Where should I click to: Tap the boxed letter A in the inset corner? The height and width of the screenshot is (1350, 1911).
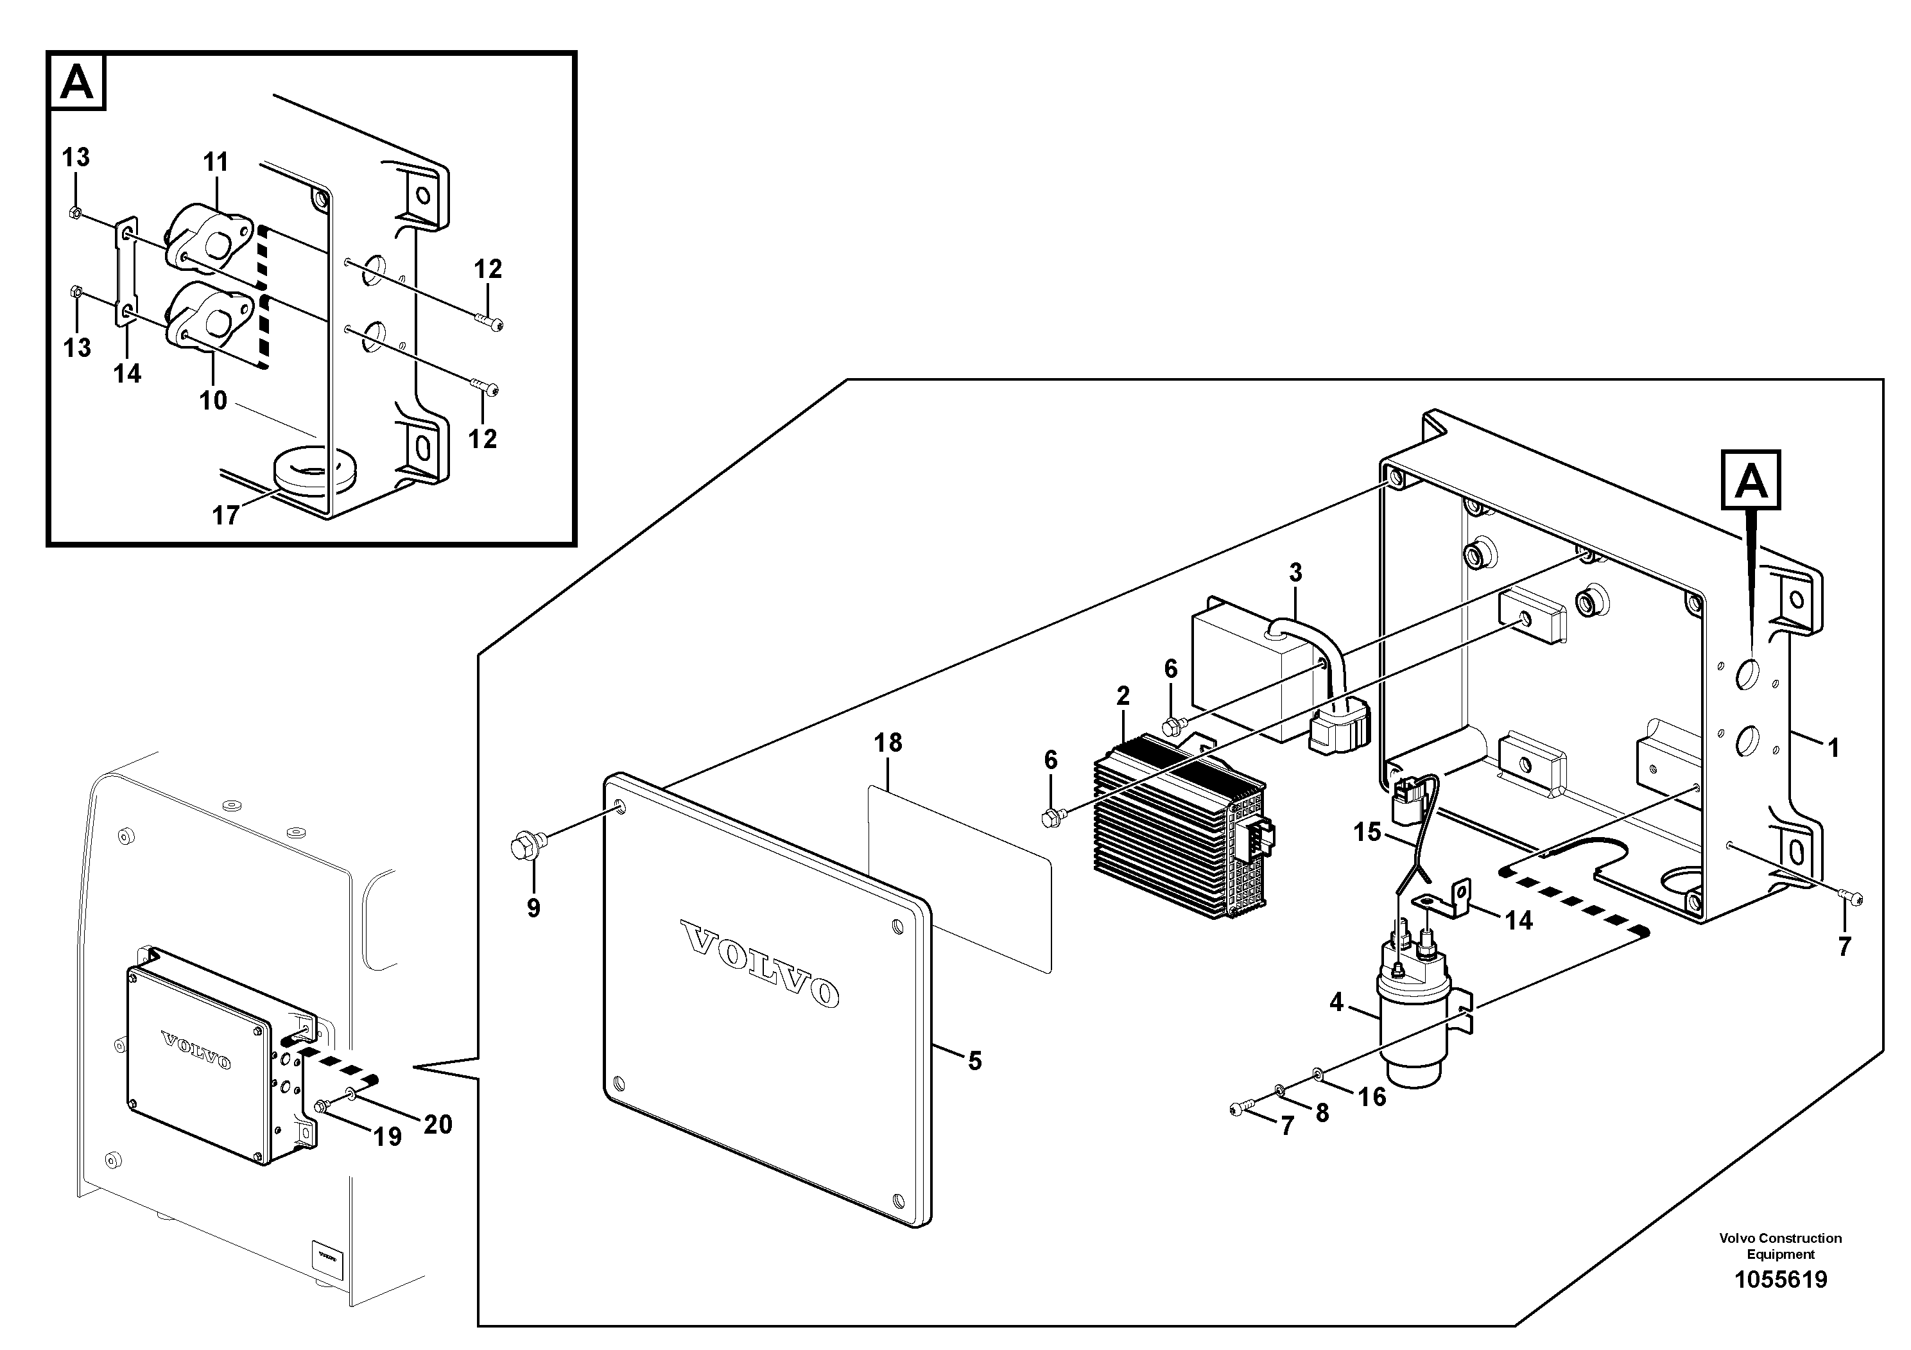click(x=78, y=82)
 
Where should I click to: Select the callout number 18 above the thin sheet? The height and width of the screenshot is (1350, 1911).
click(x=888, y=743)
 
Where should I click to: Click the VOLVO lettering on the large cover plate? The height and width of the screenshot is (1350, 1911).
click(x=760, y=963)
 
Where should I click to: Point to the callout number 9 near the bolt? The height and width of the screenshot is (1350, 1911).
click(x=533, y=907)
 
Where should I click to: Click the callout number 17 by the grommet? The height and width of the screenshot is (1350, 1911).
click(x=225, y=516)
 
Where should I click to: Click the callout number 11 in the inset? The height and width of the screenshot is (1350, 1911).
click(x=216, y=162)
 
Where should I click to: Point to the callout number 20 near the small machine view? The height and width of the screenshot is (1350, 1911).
click(x=438, y=1125)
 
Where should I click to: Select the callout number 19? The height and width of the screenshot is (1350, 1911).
click(x=388, y=1137)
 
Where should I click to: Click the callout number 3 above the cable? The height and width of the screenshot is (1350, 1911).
click(x=1295, y=573)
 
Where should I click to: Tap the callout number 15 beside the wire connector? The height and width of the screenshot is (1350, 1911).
click(x=1367, y=831)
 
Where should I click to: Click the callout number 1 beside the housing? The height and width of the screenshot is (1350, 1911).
click(x=1833, y=749)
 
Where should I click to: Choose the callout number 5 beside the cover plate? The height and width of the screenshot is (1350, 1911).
click(x=974, y=1060)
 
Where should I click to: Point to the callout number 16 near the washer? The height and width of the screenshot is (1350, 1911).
click(x=1372, y=1097)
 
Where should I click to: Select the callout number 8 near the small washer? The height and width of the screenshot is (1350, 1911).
click(x=1322, y=1112)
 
